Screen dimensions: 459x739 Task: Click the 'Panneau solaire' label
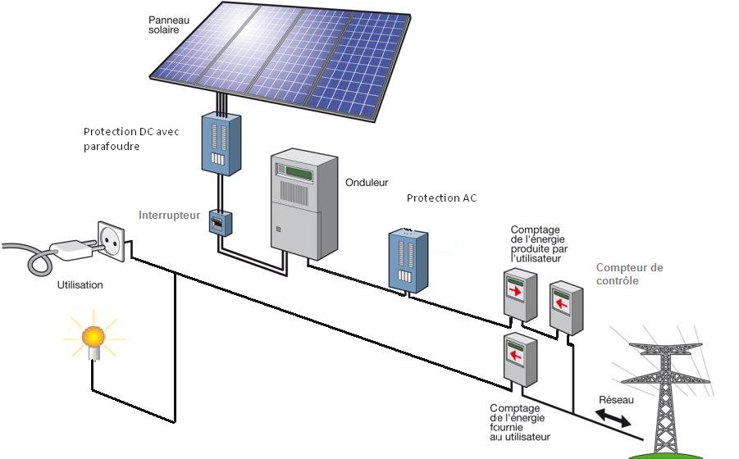click(169, 24)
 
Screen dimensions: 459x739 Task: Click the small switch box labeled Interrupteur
click(219, 223)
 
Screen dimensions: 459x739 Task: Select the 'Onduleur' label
click(367, 183)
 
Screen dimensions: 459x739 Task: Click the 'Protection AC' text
click(441, 198)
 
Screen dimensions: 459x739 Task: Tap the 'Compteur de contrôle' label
click(629, 274)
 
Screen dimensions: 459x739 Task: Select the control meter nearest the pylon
click(565, 307)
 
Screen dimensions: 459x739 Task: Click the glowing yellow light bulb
click(94, 335)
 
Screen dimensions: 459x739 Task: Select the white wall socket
click(112, 241)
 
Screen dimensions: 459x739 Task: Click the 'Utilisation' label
click(80, 284)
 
